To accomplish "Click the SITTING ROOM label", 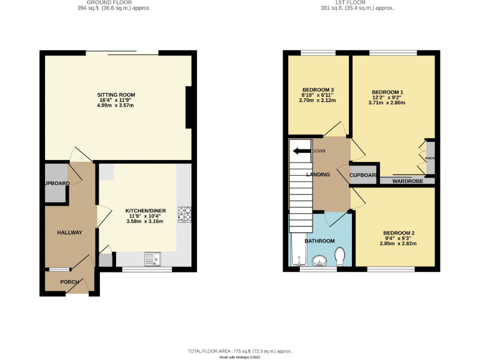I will [116, 95].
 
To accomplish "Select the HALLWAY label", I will [70, 232].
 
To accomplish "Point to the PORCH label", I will [69, 282].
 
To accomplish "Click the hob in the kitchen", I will [184, 214].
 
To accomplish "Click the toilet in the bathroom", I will [340, 256].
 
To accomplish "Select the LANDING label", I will [317, 174].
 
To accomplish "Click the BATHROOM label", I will [319, 240].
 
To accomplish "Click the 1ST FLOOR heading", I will [351, 2].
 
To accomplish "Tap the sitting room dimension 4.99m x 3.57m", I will [116, 106].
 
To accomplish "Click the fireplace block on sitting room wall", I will [189, 107].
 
